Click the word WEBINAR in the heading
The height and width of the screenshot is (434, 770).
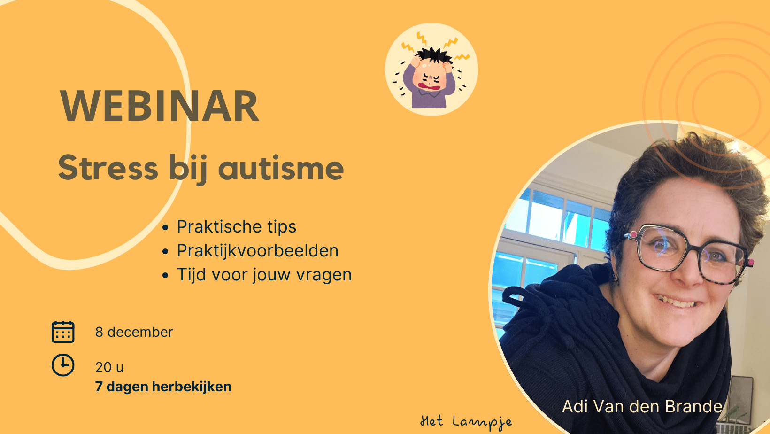coord(159,106)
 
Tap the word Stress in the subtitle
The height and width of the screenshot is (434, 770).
coord(108,168)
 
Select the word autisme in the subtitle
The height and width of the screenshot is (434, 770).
coord(281,168)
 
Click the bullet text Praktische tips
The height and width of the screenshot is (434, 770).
coord(236,227)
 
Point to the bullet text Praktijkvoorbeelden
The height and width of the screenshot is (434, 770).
coord(257,250)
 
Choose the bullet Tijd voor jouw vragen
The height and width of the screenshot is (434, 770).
coord(264,275)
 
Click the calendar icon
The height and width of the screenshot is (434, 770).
coord(63,332)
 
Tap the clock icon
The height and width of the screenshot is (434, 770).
coord(63,365)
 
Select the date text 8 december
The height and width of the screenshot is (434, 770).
coord(134,332)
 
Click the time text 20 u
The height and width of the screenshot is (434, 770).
coord(109,367)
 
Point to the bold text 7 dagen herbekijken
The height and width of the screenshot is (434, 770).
coord(163,387)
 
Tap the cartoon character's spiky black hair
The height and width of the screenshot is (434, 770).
coord(433,55)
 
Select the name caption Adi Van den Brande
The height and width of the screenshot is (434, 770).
coord(642,406)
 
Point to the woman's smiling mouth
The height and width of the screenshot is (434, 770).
coord(676,302)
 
